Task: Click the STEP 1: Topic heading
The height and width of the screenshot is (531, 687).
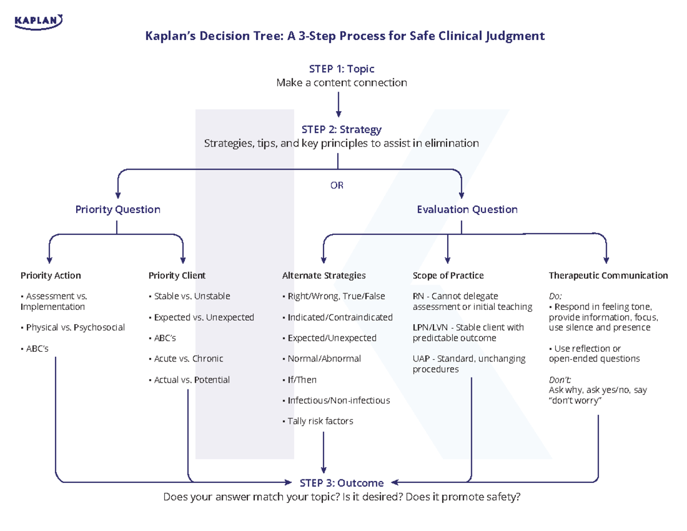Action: (341, 69)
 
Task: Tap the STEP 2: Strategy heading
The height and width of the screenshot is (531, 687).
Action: (341, 129)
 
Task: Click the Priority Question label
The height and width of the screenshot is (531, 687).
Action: (117, 210)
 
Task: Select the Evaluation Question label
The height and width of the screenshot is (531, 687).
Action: (467, 210)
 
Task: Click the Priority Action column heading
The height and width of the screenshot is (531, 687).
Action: (50, 276)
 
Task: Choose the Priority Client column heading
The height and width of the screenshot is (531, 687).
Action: (177, 276)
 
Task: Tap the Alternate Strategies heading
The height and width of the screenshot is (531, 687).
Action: (323, 276)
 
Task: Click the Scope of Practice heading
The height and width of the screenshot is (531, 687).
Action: (448, 276)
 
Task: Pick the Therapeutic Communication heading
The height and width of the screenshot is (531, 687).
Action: (608, 276)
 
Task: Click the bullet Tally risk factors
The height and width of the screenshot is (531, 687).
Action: (319, 421)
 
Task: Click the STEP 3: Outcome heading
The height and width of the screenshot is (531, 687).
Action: (341, 483)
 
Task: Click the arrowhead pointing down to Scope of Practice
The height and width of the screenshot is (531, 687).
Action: (448, 259)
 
